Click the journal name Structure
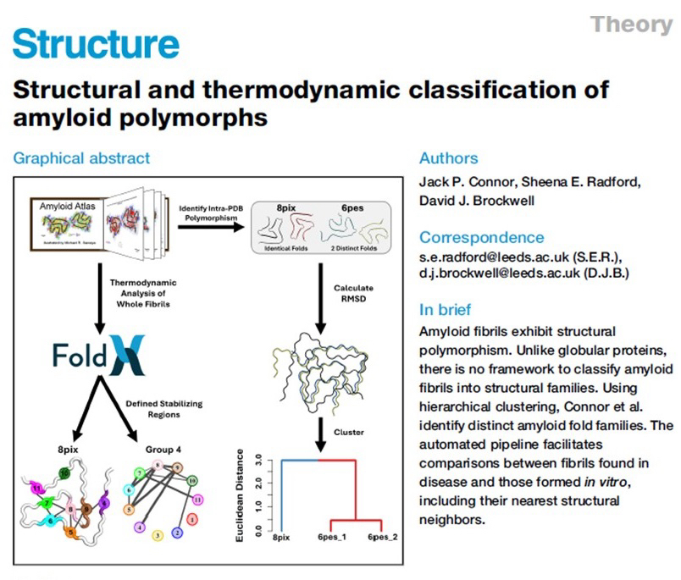click(x=96, y=44)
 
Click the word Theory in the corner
click(x=631, y=24)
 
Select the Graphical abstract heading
click(x=81, y=157)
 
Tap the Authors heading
click(x=449, y=158)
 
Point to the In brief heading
click(x=446, y=310)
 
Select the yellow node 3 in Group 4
click(x=156, y=535)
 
